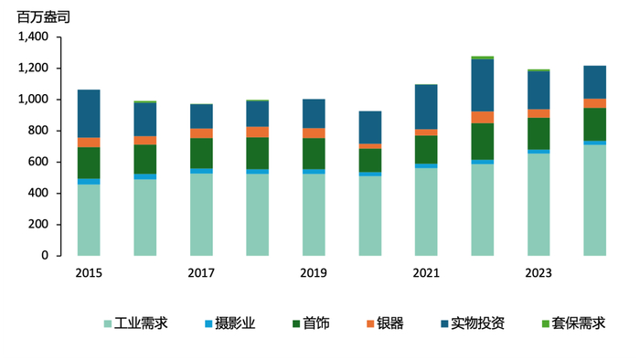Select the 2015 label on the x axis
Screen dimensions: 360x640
click(x=89, y=273)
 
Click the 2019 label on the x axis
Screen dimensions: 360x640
click(x=314, y=273)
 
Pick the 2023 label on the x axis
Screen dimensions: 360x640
click(x=539, y=273)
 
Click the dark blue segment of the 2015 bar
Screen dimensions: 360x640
click(x=89, y=113)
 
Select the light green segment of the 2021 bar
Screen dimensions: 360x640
click(x=426, y=211)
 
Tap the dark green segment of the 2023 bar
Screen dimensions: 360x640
click(x=539, y=133)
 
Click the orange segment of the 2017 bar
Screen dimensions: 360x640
click(x=201, y=133)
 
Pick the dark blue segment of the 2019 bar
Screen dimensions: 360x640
click(x=314, y=113)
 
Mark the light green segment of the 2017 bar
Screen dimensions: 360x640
click(x=201, y=215)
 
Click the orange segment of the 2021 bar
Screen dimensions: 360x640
click(x=426, y=132)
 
